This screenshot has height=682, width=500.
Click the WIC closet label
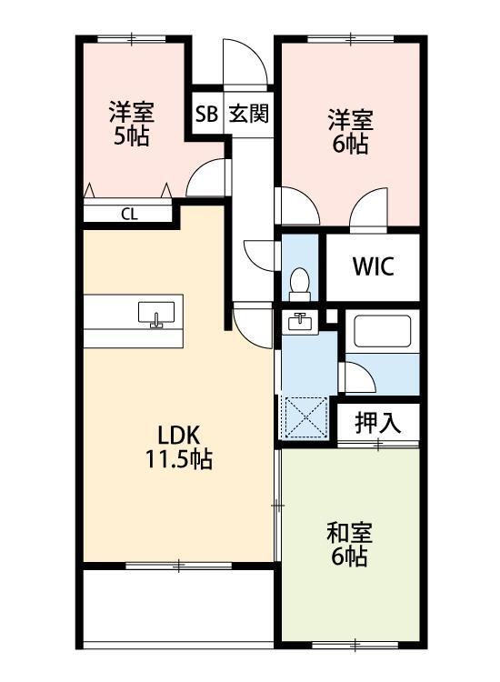373,267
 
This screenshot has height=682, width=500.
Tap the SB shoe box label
205,115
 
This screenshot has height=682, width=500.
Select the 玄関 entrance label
247,115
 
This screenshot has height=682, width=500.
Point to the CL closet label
129,215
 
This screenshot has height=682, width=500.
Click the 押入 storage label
376,422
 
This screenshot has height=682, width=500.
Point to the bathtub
383,332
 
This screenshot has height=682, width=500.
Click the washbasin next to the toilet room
299,321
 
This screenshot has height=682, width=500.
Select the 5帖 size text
132,137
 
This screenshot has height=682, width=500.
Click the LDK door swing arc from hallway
251,323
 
